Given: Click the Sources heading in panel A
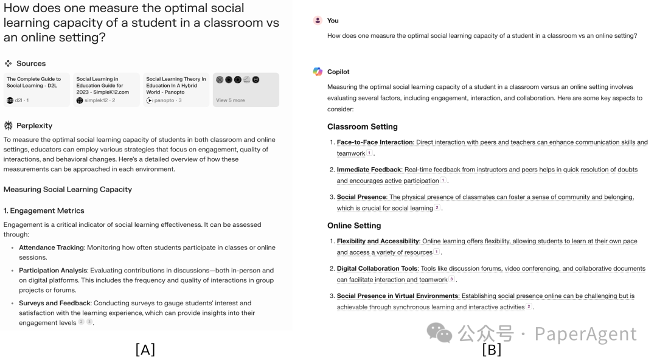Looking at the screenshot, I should coord(30,63).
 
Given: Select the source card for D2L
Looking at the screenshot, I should coord(36,89).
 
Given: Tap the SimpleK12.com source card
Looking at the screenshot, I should coord(106,89).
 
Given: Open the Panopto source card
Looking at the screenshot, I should coord(176,89).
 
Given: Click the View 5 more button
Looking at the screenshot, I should coord(246,90).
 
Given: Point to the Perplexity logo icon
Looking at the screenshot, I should coord(9,125).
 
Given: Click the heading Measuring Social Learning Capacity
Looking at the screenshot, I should coord(68,189).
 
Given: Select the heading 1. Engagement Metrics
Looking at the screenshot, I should coord(44,210).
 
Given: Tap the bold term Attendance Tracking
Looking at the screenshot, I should coord(51,247).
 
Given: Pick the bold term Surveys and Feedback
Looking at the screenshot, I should coord(54,303).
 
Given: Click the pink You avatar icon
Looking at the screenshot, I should coord(318,20).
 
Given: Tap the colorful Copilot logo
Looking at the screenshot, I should coord(318,72).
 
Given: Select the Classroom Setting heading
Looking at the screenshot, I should coord(362,126).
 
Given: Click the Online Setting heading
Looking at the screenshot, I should coord(354,226).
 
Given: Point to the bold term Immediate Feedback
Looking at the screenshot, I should coord(369,170).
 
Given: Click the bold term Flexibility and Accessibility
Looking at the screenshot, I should coord(378,241).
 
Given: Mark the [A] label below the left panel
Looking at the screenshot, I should coord(145,349).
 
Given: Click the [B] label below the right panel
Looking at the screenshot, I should coord(492,349).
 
